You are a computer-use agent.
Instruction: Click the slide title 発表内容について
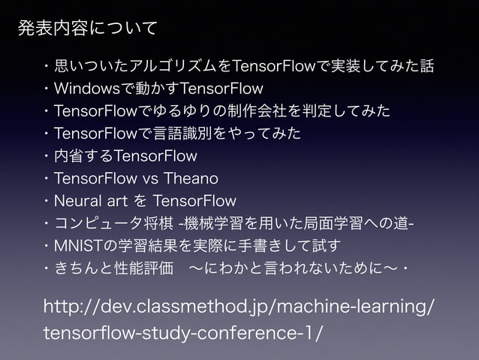click(87, 29)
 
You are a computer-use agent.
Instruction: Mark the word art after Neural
click(120, 201)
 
